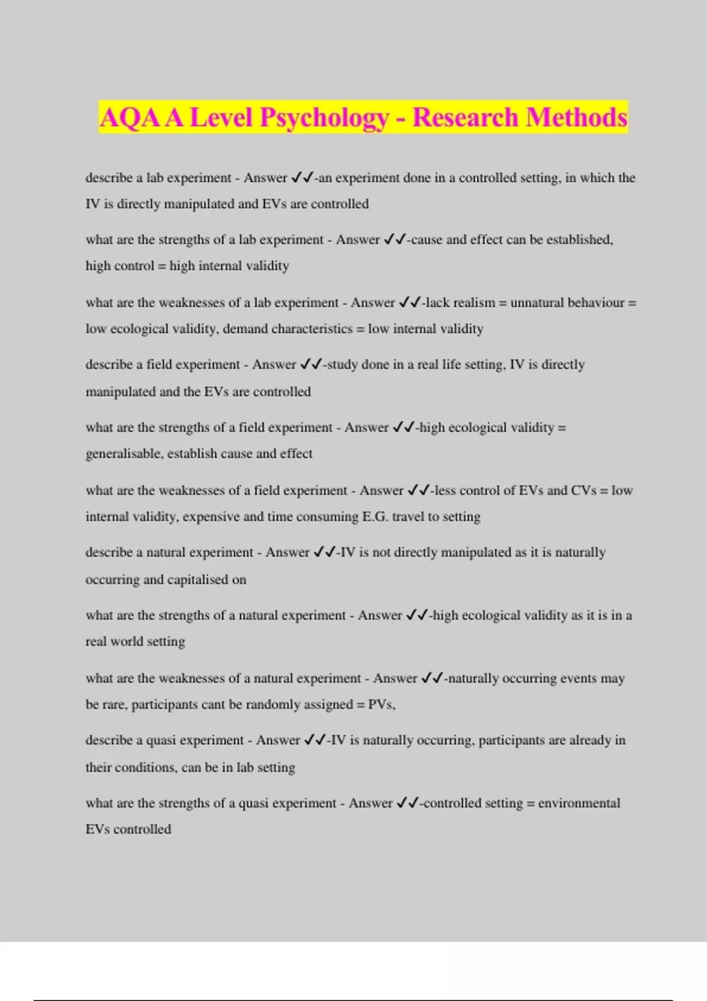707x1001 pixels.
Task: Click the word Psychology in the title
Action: [324, 117]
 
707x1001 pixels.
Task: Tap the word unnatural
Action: [537, 303]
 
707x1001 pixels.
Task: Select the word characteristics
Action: [311, 329]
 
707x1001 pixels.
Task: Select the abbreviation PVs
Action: [381, 705]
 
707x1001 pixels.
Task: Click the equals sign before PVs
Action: [361, 705]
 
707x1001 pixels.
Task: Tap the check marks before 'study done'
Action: [310, 364]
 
